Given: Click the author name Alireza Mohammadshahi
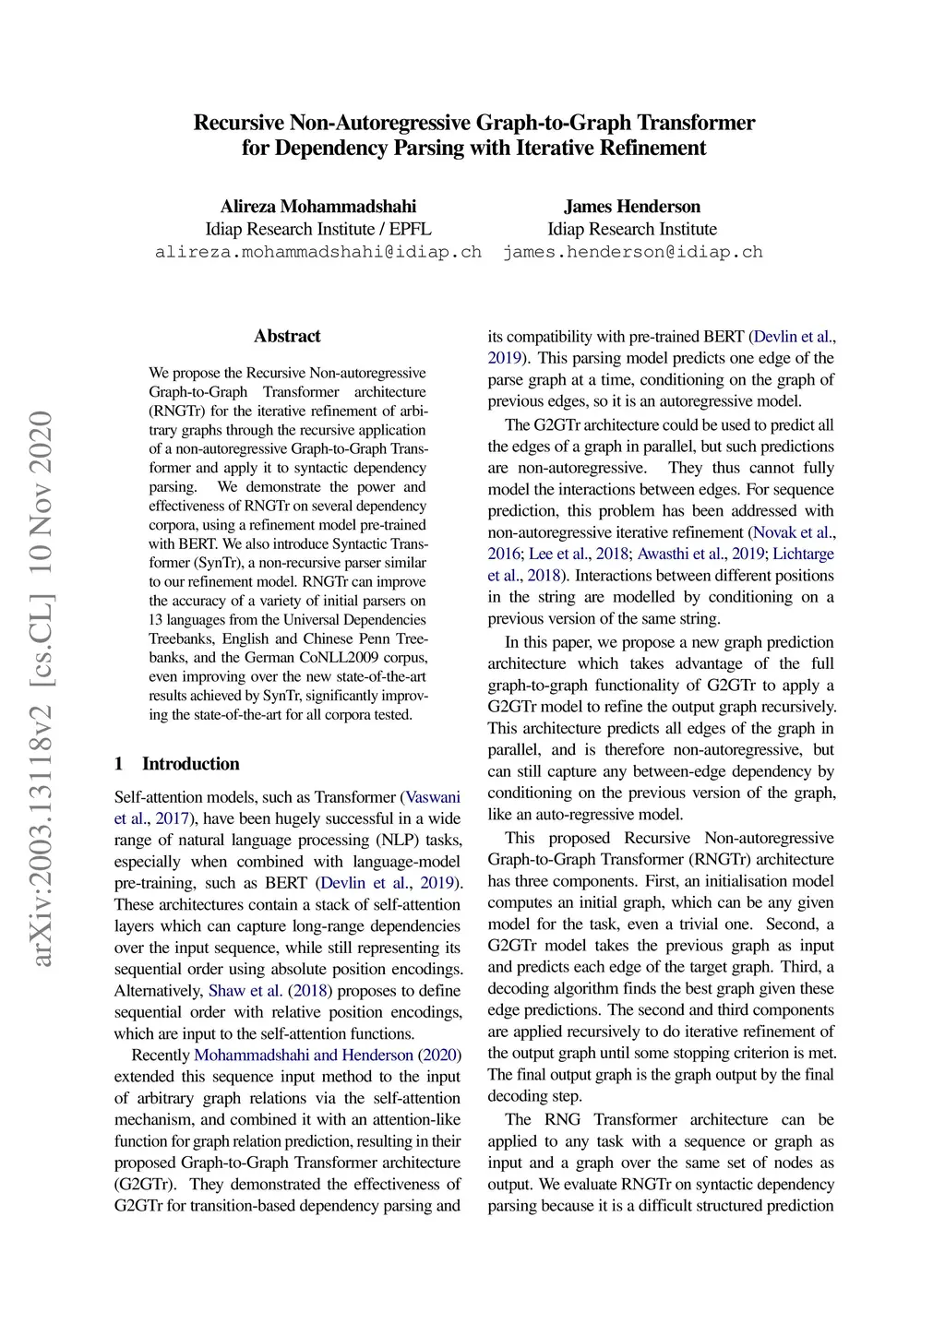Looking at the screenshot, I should (317, 207).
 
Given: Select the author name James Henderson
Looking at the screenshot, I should (632, 207).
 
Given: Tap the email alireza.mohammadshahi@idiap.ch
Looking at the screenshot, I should (317, 252).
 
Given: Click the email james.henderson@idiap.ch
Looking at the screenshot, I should (633, 252).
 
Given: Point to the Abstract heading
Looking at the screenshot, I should (287, 336).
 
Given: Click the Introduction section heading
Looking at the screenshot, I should (190, 764).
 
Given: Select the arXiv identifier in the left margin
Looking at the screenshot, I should (42, 688).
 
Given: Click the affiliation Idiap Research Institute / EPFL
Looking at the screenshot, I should (317, 230).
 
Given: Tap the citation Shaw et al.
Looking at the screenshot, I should (245, 991).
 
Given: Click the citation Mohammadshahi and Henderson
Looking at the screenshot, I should (304, 1056).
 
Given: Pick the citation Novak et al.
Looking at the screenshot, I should (793, 532).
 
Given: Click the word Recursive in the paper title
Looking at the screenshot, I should (239, 123).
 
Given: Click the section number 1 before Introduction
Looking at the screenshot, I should (119, 764).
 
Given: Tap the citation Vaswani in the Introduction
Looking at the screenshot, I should (433, 797).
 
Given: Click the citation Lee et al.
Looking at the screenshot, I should (558, 554).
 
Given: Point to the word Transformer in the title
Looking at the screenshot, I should (700, 123).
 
